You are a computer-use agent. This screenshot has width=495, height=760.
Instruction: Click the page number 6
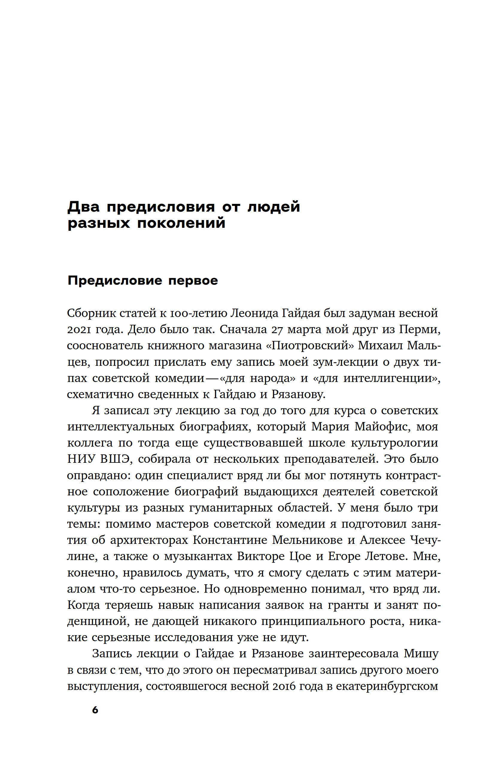click(95, 710)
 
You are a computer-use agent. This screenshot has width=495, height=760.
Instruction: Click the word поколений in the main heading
click(181, 223)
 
